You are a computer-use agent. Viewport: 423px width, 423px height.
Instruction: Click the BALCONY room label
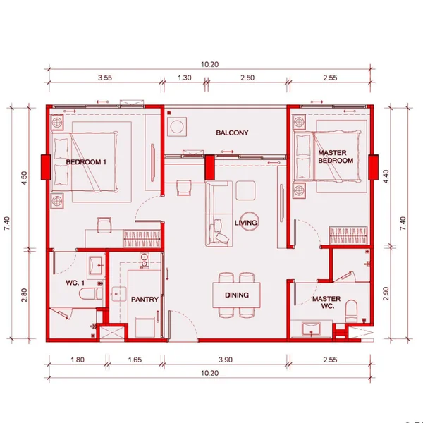[232, 133]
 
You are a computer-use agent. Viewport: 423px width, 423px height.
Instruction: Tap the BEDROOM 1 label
[86, 162]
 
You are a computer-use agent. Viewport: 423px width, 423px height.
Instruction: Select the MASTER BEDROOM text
[336, 157]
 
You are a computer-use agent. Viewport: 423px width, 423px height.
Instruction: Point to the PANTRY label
[145, 299]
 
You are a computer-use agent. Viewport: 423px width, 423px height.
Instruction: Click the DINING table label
[237, 295]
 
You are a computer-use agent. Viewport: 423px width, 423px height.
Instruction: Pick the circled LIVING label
[246, 223]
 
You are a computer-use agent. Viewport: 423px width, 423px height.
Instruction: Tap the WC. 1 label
[75, 283]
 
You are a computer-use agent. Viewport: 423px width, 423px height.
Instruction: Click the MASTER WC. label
[326, 302]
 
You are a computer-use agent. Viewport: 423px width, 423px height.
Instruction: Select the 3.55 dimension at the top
[105, 78]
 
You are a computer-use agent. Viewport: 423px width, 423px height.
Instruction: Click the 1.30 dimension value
[185, 78]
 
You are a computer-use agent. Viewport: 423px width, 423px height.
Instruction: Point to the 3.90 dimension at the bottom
[226, 360]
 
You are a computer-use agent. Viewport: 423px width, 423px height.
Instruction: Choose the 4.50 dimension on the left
[24, 178]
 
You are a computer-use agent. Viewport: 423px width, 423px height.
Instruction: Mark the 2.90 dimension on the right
[386, 293]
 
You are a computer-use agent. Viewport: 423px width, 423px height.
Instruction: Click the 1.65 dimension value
[135, 360]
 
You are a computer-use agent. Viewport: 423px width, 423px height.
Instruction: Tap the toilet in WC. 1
[91, 294]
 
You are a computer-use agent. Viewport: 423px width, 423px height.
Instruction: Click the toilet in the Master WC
[351, 311]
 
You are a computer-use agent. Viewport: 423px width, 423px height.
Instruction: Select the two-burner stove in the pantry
[145, 260]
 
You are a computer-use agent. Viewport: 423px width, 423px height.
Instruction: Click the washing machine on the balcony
[177, 126]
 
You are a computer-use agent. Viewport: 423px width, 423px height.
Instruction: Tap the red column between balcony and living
[209, 167]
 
